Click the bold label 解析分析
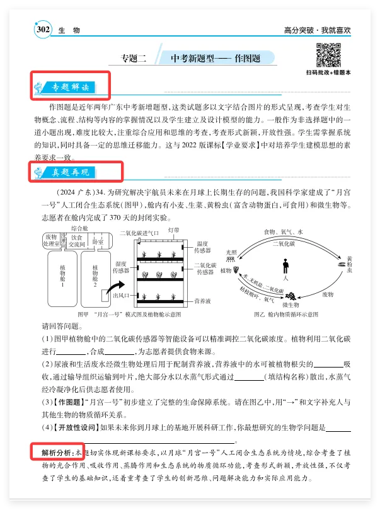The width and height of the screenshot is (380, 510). (x=54, y=453)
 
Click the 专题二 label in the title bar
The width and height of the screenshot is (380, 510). (x=134, y=59)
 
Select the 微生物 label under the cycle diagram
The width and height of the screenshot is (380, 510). (x=291, y=305)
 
